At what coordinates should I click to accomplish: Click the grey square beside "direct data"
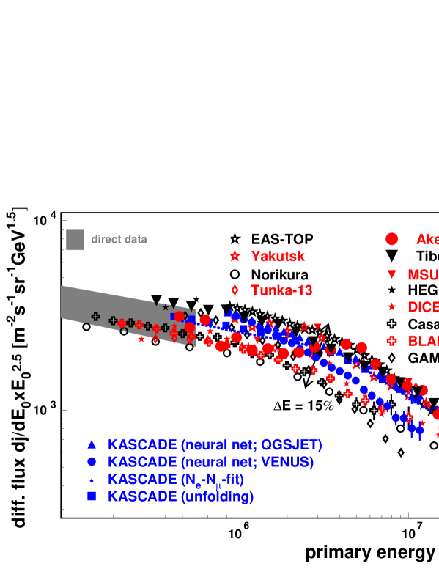point(75,240)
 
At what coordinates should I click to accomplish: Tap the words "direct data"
point(119,240)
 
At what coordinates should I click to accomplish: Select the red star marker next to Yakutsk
point(235,256)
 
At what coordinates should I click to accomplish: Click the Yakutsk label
point(278,257)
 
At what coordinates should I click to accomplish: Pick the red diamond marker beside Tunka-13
point(235,290)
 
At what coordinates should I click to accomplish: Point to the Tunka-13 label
point(281,291)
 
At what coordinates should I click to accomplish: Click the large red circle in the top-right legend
point(391,239)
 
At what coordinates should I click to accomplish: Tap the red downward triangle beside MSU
point(391,274)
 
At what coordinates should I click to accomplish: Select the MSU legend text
point(423,275)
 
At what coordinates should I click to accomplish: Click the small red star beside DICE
point(391,307)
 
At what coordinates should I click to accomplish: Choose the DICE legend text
point(423,308)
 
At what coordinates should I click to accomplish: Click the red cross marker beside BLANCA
point(391,340)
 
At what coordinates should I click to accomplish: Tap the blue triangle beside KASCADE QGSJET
point(92,444)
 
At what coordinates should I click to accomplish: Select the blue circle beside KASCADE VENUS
point(92,462)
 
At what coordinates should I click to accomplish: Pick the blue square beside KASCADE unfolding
point(92,496)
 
